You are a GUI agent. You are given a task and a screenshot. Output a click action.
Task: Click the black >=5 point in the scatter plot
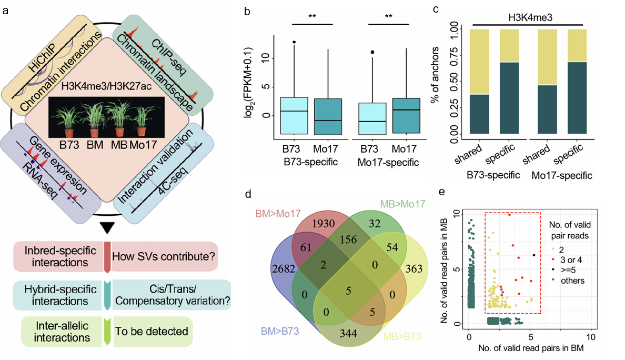pos(534,256)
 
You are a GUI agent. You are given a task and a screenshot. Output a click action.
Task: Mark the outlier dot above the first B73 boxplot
pos(294,42)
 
